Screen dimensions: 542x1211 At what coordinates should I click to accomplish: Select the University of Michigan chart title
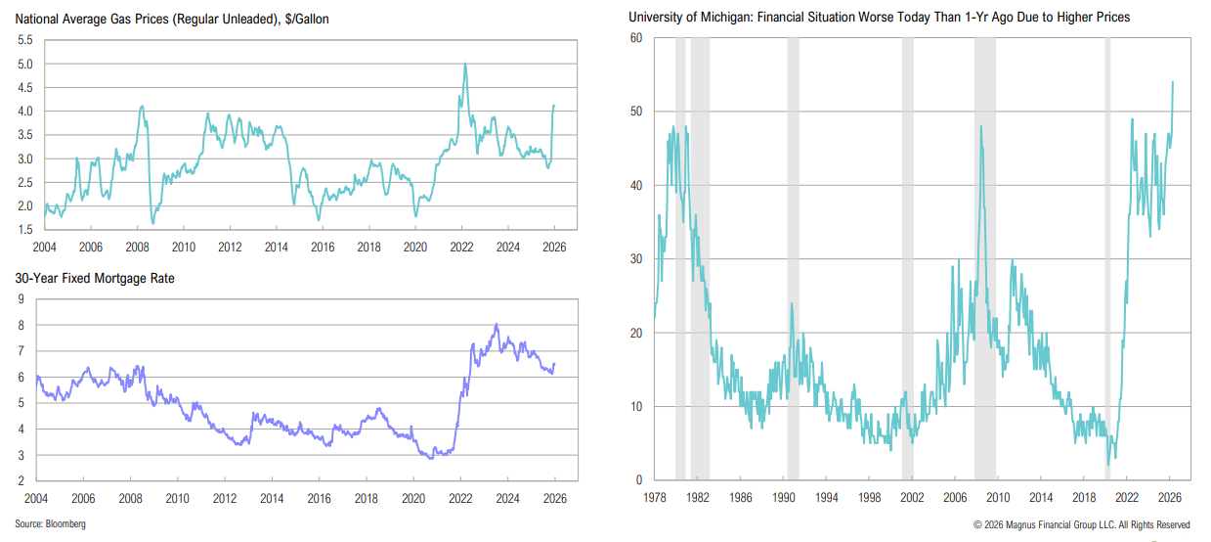(880, 18)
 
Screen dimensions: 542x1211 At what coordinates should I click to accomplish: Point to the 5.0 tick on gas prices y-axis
(24, 64)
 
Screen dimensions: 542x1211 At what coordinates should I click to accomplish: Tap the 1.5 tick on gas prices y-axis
(24, 230)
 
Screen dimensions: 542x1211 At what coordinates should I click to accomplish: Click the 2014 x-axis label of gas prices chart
(276, 248)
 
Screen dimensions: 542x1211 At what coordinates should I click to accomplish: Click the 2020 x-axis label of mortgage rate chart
(414, 498)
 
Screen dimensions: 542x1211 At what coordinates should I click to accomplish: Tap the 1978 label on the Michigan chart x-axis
(654, 497)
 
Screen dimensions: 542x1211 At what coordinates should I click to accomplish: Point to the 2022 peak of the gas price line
(464, 65)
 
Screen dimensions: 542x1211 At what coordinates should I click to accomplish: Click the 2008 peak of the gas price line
(143, 107)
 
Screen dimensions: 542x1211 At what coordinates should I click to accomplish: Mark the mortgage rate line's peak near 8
(497, 325)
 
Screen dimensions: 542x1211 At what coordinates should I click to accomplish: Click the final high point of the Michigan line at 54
(1173, 82)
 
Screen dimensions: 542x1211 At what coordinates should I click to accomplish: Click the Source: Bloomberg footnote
(50, 524)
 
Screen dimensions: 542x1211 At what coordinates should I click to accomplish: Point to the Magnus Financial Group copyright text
(1081, 524)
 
